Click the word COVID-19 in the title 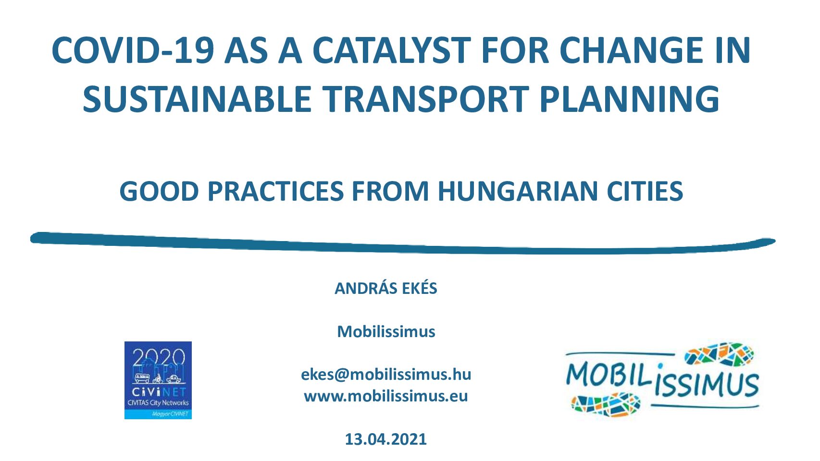point(133,50)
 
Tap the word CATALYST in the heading point(392,50)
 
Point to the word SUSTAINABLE point(197,99)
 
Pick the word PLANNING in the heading point(630,99)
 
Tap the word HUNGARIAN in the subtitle point(518,191)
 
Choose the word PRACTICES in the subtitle point(275,191)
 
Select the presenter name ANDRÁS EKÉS point(386,288)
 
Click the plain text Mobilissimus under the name point(386,331)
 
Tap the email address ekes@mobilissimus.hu point(386,374)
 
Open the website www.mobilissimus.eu point(386,396)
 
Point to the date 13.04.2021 point(386,439)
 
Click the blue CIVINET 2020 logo point(158,380)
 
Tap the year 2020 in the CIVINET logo point(159,357)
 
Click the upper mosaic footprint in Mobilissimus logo point(719,353)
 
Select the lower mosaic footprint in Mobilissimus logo point(606,405)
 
